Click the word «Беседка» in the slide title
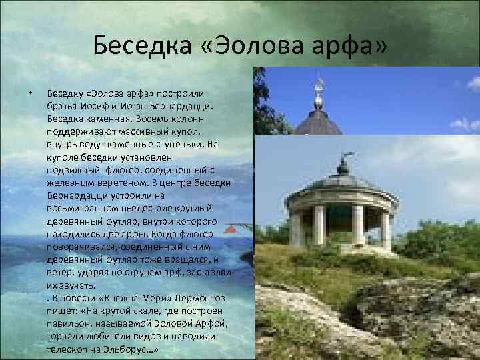pos(137,47)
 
